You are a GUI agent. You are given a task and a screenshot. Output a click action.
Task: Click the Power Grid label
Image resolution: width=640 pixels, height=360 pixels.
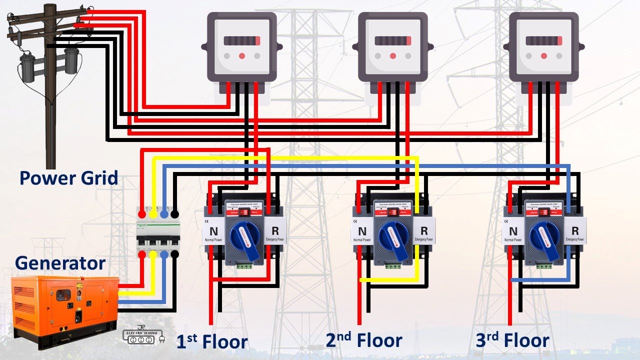coord(69,178)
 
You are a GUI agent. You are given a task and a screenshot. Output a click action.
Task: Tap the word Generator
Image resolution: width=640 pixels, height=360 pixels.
coord(60,263)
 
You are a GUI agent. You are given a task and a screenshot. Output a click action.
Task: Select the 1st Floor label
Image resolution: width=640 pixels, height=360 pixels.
coord(212,341)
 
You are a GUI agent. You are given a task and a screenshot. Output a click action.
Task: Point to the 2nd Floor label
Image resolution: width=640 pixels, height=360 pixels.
coord(364,340)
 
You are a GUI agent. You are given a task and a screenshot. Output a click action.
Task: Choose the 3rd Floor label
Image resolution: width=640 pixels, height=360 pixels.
coord(512,341)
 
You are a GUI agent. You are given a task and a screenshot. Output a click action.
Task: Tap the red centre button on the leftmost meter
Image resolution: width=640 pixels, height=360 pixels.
coord(242,56)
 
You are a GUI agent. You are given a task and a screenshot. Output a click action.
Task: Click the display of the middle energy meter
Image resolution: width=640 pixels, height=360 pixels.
coord(393,41)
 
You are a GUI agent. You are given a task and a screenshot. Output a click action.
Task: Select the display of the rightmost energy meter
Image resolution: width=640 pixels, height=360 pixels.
coord(543,41)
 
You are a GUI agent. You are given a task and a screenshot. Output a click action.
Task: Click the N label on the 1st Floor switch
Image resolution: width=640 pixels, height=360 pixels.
coord(213,231)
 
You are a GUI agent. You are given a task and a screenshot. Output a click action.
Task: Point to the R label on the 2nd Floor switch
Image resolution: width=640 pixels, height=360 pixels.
coord(424,231)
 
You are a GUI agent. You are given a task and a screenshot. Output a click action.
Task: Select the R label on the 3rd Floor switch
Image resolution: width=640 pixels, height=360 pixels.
coord(575,231)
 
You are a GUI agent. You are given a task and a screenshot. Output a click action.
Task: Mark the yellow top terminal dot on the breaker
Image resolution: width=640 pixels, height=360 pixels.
coord(153,214)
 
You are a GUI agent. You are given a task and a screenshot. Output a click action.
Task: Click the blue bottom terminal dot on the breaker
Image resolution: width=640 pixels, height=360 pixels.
coord(164,254)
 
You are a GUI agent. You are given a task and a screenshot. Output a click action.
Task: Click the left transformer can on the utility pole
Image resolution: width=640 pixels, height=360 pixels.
coord(26,67)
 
